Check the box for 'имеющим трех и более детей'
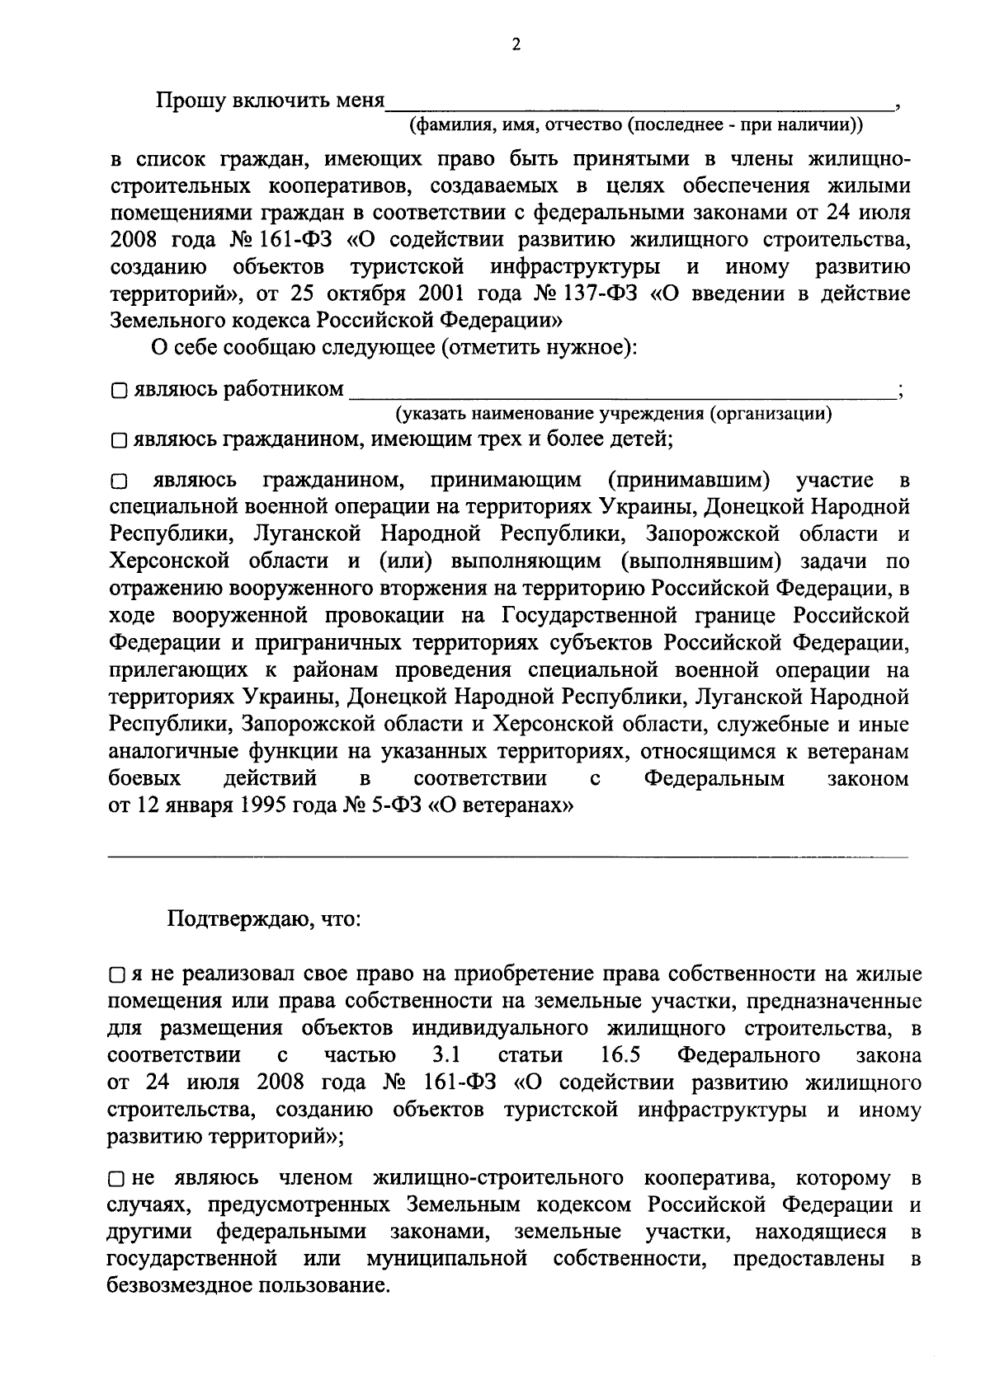click(x=119, y=441)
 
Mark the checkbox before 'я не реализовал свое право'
click(x=117, y=976)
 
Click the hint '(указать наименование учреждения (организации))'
click(x=613, y=414)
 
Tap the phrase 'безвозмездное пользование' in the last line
click(x=247, y=1286)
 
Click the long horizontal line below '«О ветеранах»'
click(x=508, y=858)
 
